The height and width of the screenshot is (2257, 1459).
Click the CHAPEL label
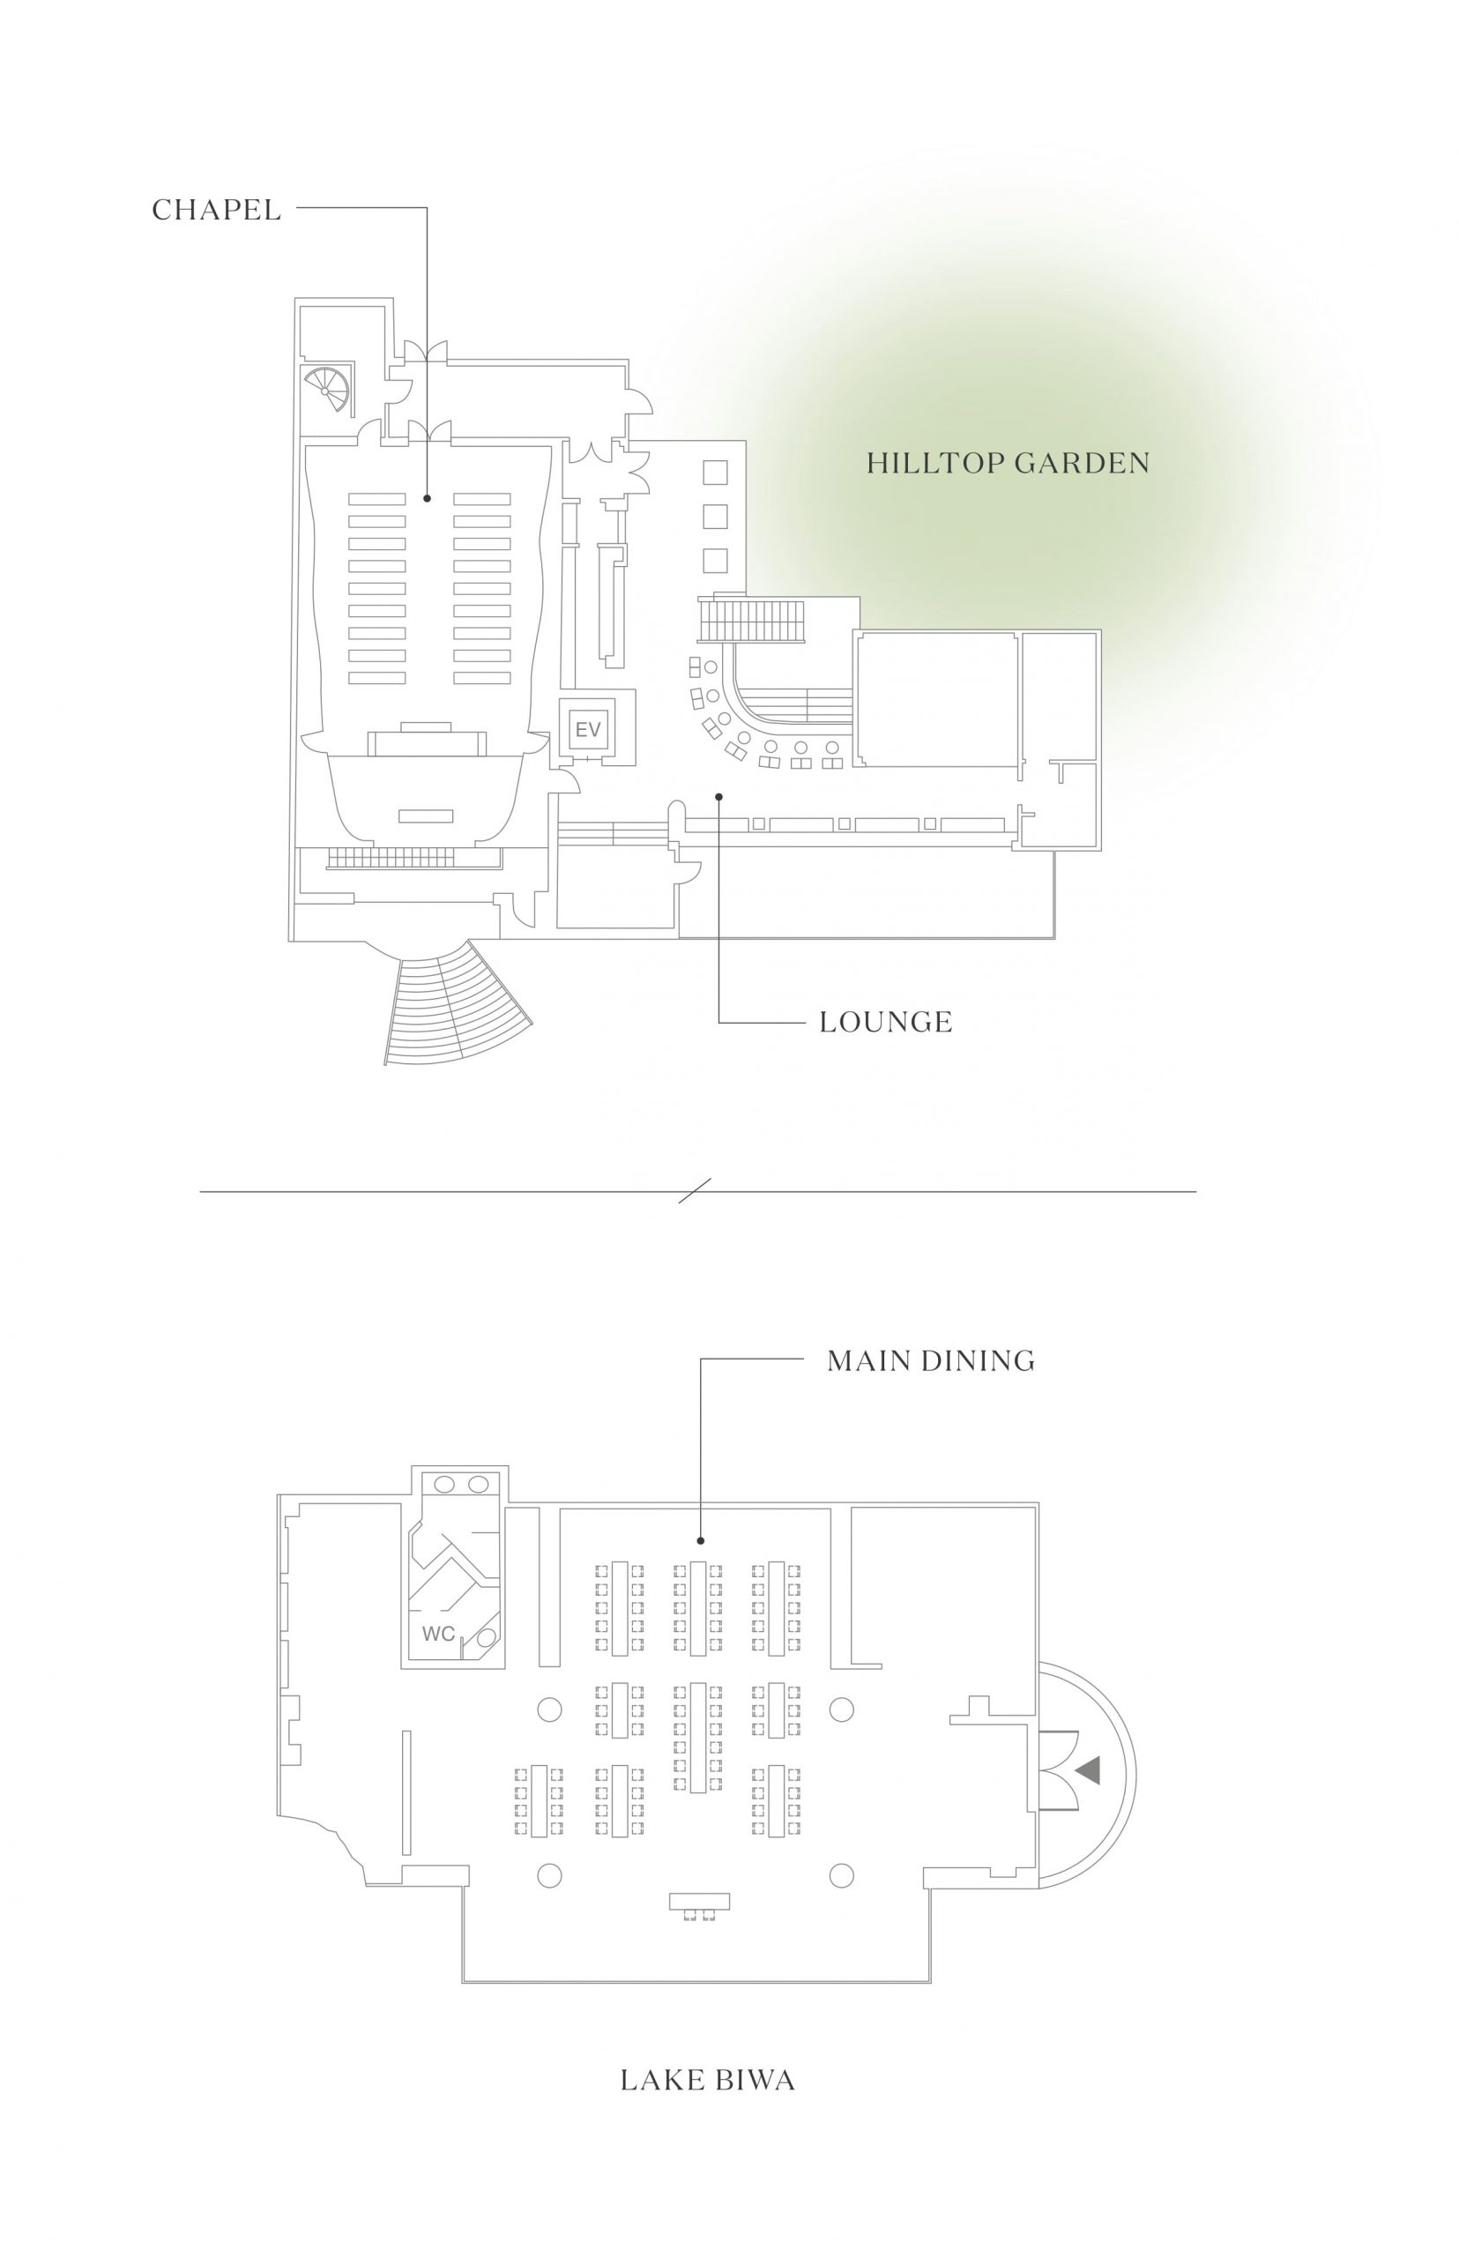217,210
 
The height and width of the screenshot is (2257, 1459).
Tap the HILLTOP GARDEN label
1008,464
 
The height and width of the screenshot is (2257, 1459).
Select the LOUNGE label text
886,1023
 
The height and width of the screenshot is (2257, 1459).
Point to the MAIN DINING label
931,1361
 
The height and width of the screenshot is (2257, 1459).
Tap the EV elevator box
588,730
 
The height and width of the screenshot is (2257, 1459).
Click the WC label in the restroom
439,1634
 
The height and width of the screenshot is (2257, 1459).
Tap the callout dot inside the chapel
428,497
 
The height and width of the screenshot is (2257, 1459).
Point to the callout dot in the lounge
719,796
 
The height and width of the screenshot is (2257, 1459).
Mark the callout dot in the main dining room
701,1539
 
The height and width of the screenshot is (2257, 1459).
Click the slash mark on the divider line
696,1191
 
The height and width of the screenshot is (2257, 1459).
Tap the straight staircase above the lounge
752,622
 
